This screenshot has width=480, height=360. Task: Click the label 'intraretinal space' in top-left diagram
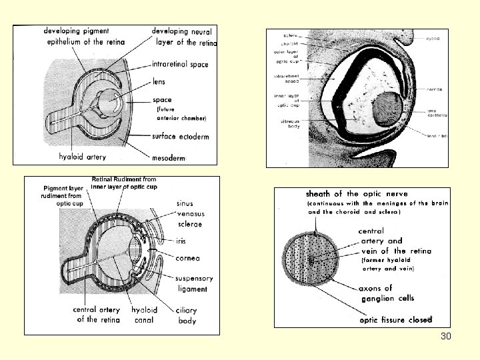pos(180,65)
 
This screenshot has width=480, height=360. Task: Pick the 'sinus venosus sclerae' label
pos(191,214)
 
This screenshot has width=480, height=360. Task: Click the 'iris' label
pos(185,241)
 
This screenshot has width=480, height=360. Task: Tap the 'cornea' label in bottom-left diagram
pos(189,258)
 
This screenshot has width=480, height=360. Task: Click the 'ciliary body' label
pos(187,315)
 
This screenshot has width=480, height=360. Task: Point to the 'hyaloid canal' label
pos(144,315)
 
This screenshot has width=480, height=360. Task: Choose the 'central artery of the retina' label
pos(97,315)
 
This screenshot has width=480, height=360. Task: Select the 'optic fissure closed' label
pos(396,320)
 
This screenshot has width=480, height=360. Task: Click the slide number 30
pos(446,336)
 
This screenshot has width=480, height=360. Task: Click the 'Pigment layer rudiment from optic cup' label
pos(65,196)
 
